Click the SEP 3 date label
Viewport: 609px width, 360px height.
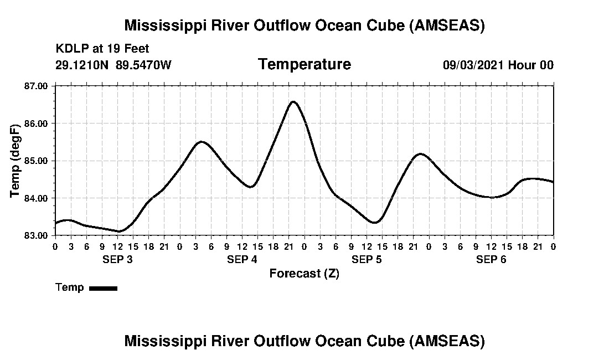click(117, 259)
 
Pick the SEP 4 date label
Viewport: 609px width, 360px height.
click(242, 259)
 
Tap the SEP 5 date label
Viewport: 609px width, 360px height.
click(367, 259)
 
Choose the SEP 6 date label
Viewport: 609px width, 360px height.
click(491, 259)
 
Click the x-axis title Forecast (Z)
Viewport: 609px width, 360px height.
click(304, 274)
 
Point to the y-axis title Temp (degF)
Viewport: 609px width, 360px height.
click(15, 161)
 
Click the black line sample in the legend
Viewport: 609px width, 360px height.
click(103, 288)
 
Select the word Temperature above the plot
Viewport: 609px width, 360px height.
click(304, 65)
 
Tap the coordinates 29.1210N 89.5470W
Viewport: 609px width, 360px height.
click(113, 65)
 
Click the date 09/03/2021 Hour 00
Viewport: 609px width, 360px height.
click(498, 65)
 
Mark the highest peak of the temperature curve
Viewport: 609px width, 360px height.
click(293, 102)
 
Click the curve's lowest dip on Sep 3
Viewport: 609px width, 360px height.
click(119, 231)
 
